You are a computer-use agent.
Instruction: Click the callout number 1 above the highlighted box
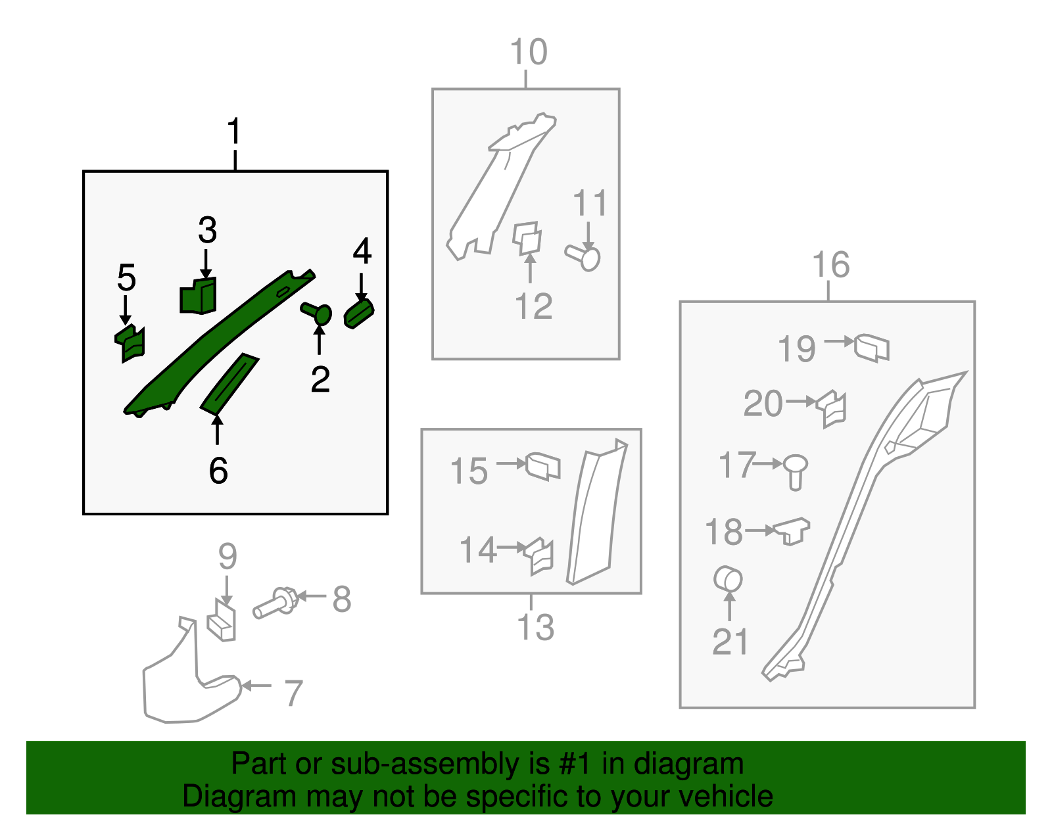(x=234, y=131)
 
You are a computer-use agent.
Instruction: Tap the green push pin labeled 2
(x=317, y=312)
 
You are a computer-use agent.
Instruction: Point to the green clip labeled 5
(x=130, y=343)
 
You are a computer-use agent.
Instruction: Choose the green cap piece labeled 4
(x=359, y=314)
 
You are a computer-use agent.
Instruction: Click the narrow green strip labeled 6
(x=229, y=384)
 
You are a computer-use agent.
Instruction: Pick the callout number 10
(x=529, y=51)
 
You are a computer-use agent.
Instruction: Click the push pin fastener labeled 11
(x=583, y=258)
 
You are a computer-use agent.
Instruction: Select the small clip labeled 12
(x=527, y=238)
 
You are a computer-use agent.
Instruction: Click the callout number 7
(x=293, y=693)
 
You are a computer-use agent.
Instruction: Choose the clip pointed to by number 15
(x=542, y=467)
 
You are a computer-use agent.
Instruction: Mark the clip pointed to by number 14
(x=539, y=556)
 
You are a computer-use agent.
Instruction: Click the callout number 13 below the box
(x=535, y=627)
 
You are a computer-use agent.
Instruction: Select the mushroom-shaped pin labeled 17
(x=796, y=472)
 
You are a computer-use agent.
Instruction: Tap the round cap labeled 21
(x=728, y=579)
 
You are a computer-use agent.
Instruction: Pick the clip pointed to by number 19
(x=871, y=348)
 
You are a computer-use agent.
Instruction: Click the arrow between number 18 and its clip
(x=760, y=530)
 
